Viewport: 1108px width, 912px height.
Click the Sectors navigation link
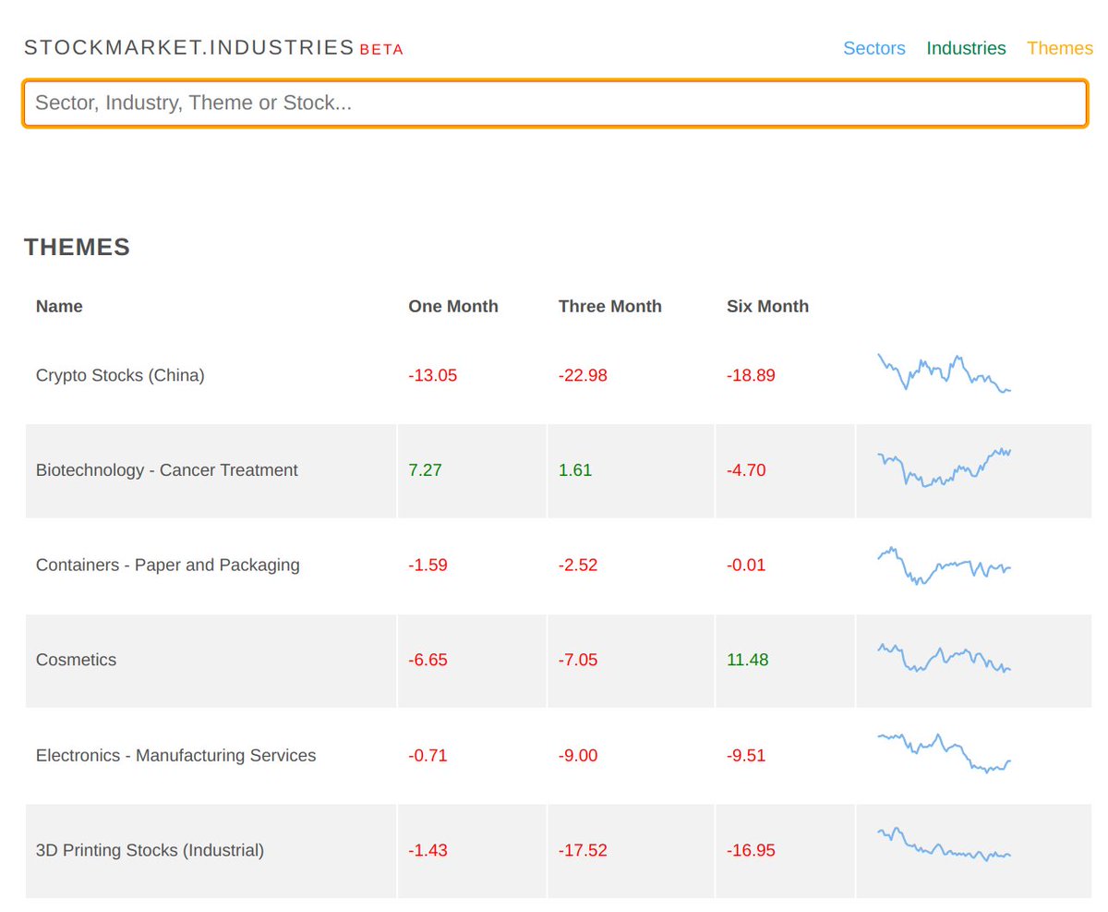(873, 48)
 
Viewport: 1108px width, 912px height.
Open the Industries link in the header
(966, 48)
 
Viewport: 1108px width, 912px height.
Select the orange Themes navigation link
(1059, 48)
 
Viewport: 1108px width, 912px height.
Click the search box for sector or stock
(554, 103)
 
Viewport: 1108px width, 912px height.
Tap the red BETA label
(381, 50)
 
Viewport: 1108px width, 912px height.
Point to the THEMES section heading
(77, 247)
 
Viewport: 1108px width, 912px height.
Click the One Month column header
(452, 306)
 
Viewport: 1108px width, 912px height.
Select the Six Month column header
(767, 306)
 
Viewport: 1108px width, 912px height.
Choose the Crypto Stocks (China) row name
(120, 375)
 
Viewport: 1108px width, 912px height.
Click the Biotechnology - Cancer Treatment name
(166, 470)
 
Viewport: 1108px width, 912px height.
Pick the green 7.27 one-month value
(425, 470)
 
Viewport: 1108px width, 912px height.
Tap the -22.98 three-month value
(583, 375)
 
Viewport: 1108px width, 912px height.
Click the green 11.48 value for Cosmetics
(747, 660)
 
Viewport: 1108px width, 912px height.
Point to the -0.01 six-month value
(746, 565)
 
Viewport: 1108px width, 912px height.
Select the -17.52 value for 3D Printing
(583, 850)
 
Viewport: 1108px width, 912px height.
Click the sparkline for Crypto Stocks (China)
(944, 373)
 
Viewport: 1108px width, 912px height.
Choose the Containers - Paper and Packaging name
(167, 565)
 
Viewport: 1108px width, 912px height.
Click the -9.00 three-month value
(578, 755)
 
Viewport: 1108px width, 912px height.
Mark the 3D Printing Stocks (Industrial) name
(150, 850)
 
